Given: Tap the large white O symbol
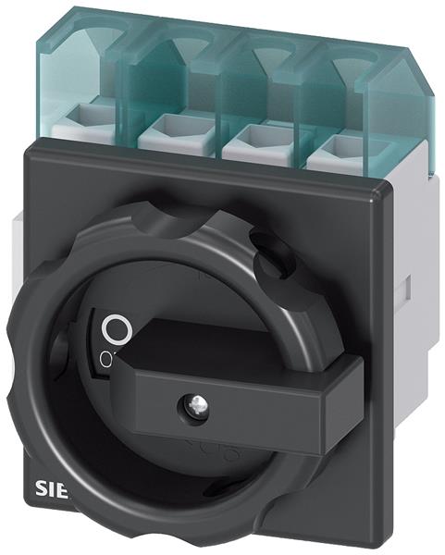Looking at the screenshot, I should pyautogui.click(x=116, y=329).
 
